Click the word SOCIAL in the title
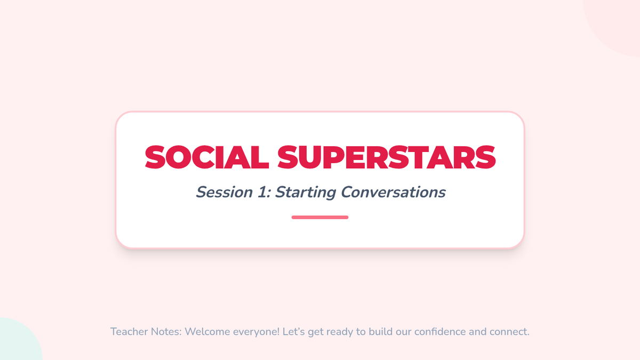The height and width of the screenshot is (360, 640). click(207, 157)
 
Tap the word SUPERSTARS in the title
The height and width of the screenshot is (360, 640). click(387, 157)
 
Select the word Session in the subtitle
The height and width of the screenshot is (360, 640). click(225, 192)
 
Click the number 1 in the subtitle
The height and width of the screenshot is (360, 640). click(262, 192)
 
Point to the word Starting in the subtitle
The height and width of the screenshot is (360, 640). click(306, 193)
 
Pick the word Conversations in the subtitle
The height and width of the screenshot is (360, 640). click(393, 192)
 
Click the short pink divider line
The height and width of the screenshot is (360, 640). click(320, 218)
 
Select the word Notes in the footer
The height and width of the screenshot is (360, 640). click(166, 332)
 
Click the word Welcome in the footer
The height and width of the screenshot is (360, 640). click(207, 332)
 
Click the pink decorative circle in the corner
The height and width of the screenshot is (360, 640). click(617, 23)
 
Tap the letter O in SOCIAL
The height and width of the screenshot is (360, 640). click(178, 157)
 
